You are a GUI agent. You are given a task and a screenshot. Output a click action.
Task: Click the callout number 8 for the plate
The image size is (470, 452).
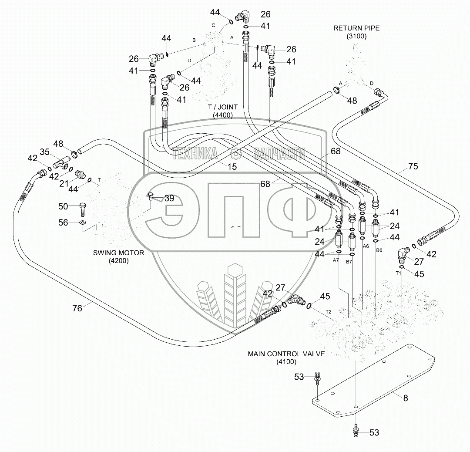[406, 398]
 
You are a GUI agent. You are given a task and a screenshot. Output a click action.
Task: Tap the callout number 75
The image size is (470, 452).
[413, 166]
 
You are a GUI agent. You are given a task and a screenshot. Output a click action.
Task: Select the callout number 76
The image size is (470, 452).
[77, 308]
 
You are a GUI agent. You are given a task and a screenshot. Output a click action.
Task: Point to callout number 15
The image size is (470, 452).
[232, 167]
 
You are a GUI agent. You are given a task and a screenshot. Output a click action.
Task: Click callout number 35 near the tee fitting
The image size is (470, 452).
[45, 152]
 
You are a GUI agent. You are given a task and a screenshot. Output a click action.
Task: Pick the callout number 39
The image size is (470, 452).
[169, 198]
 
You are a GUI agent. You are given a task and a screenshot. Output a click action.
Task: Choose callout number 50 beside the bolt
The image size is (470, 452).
[63, 206]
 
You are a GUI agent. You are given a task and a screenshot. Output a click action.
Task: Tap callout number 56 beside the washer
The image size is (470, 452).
[63, 223]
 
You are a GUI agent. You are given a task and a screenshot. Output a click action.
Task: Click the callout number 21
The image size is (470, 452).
[64, 183]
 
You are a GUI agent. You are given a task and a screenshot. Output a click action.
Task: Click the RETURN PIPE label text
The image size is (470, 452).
[356, 28]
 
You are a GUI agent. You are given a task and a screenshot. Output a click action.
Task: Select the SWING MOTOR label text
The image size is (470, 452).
[118, 253]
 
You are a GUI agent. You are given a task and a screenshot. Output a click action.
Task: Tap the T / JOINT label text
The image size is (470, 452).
[223, 107]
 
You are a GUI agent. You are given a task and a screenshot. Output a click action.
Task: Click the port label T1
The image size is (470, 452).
[398, 273]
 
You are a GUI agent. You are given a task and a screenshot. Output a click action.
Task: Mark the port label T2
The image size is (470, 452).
[329, 312]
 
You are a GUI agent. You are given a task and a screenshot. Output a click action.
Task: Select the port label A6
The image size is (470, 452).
[366, 246]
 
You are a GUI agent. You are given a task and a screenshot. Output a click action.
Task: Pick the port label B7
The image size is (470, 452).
[349, 262]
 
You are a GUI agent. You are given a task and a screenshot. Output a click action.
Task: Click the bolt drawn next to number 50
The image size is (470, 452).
[83, 209]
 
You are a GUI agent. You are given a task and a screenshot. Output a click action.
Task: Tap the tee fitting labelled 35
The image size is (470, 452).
[62, 162]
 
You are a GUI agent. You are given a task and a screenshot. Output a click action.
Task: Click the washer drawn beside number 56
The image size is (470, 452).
[82, 223]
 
